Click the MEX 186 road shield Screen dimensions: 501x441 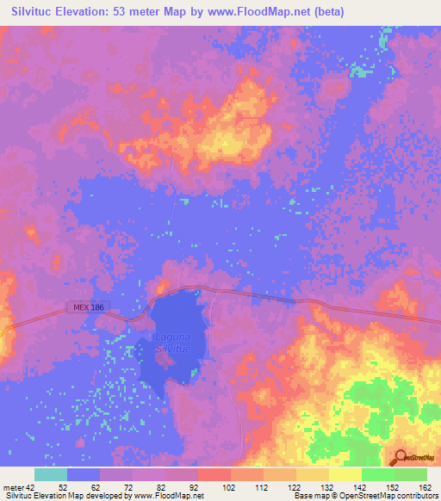pos(83,307)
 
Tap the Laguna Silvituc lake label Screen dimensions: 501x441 pos(177,344)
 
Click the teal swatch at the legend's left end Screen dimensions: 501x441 pos(50,475)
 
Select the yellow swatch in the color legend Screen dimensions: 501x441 pos(345,475)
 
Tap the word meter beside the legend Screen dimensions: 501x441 pos(13,487)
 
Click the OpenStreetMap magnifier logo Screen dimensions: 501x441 pos(399,458)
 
